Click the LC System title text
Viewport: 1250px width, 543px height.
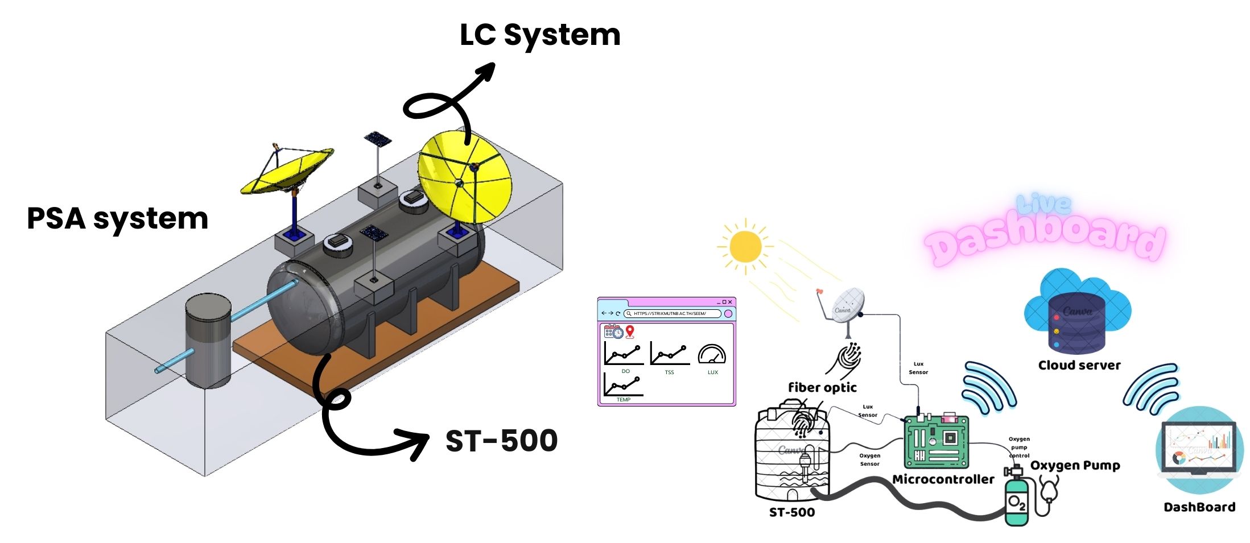(x=539, y=35)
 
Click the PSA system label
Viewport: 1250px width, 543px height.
(x=117, y=219)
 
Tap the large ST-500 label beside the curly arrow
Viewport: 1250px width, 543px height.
(x=501, y=441)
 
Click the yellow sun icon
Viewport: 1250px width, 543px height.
(x=745, y=247)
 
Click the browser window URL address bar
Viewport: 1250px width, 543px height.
(x=672, y=313)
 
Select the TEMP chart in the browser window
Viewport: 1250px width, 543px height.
(x=623, y=385)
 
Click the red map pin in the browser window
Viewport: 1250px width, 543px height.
(x=629, y=331)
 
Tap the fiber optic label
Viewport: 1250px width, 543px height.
(x=822, y=388)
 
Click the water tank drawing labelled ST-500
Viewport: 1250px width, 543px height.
(x=791, y=455)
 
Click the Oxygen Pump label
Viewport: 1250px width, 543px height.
(x=1075, y=466)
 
